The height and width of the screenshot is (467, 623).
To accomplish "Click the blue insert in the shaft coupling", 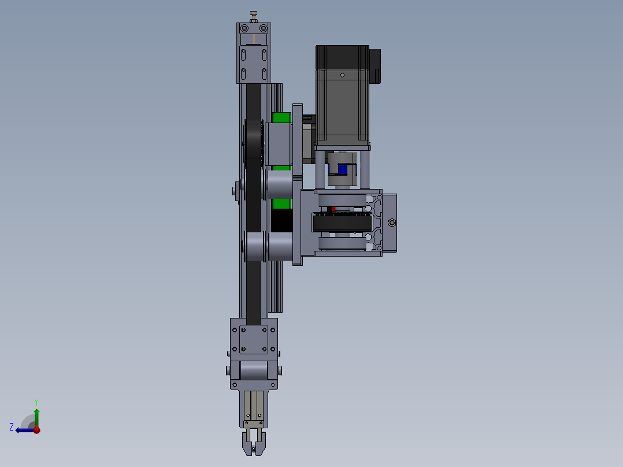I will pyautogui.click(x=342, y=169).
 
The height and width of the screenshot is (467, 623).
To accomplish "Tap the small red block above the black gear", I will pyautogui.click(x=333, y=209).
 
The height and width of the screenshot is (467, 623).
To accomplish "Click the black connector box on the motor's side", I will pyautogui.click(x=374, y=64).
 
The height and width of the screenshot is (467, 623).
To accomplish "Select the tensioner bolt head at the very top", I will pyautogui.click(x=253, y=14).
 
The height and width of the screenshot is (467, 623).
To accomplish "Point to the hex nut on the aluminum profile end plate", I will pyautogui.click(x=392, y=223).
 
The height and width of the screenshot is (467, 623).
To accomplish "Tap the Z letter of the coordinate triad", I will pyautogui.click(x=12, y=427).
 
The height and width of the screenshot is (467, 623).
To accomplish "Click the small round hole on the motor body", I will pyautogui.click(x=342, y=75).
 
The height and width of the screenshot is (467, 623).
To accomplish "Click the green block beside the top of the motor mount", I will pyautogui.click(x=281, y=117).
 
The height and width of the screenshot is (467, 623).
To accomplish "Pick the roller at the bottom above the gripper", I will pyautogui.click(x=254, y=370).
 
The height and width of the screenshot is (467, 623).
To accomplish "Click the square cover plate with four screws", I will pyautogui.click(x=254, y=339).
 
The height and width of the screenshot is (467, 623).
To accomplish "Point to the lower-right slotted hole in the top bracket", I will pyautogui.click(x=264, y=74).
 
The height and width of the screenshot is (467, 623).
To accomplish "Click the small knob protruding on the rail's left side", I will pyautogui.click(x=235, y=191).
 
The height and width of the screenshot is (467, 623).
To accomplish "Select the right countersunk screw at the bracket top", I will pyautogui.click(x=264, y=28).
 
